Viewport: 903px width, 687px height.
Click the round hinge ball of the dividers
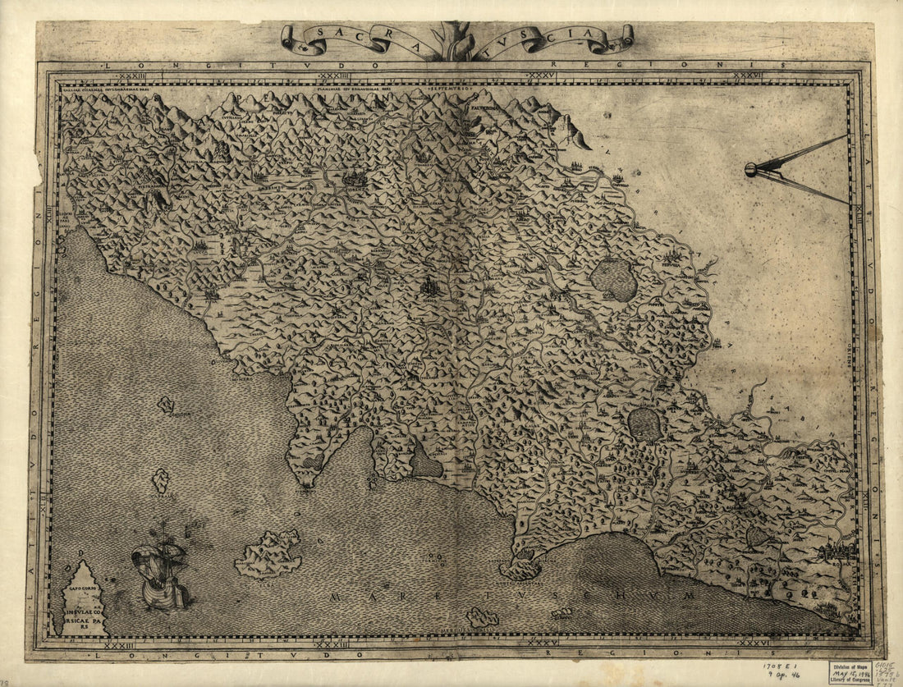click(750, 170)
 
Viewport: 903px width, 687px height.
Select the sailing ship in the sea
click(160, 575)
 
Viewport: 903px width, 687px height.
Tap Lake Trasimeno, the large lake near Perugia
click(614, 280)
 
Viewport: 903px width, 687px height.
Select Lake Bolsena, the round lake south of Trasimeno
click(644, 424)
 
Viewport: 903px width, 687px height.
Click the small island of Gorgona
click(166, 404)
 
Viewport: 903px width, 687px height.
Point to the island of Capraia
click(161, 480)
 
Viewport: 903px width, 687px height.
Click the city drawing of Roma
click(836, 551)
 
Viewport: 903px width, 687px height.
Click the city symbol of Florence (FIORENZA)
click(355, 177)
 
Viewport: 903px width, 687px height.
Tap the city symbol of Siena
click(429, 286)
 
